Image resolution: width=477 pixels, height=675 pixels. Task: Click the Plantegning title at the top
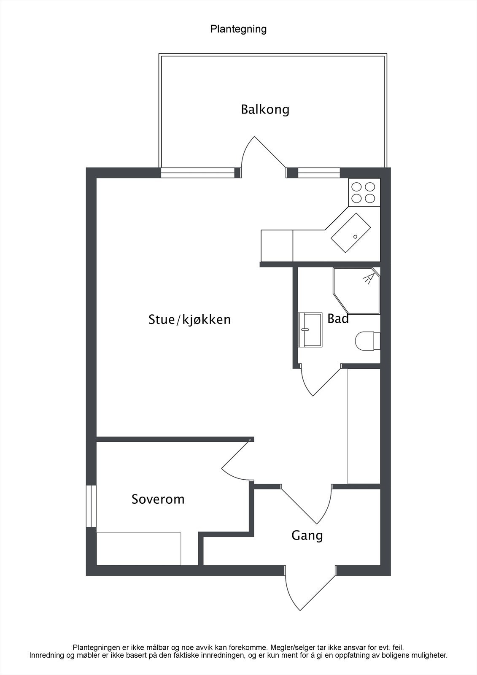(x=238, y=29)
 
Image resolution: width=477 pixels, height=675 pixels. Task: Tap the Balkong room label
(x=265, y=110)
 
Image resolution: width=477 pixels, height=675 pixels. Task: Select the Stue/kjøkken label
(x=189, y=319)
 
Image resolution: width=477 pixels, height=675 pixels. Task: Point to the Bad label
(x=338, y=319)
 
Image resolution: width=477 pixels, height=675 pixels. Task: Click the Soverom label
(x=158, y=499)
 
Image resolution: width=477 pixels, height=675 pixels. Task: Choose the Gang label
(x=307, y=536)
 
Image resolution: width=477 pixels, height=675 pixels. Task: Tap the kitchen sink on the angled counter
(x=351, y=232)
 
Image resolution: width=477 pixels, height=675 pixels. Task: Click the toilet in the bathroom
(x=367, y=341)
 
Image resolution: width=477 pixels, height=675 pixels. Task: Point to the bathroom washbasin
(x=310, y=330)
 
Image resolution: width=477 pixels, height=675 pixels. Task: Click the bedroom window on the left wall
(x=91, y=506)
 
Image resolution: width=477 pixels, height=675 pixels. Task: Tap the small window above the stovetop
(x=319, y=173)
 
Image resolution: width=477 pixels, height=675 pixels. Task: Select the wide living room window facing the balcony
(x=197, y=173)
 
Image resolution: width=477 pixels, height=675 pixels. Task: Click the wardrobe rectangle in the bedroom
(x=139, y=548)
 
